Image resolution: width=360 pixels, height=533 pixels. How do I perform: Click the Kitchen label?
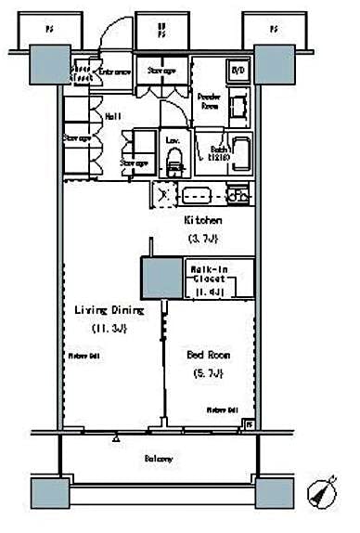[201, 221]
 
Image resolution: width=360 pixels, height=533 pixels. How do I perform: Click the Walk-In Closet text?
[209, 275]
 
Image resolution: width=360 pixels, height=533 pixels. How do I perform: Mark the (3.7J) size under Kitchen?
[201, 239]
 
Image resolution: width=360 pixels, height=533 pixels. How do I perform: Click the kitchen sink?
[197, 196]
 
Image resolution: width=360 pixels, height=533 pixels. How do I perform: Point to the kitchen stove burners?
[237, 195]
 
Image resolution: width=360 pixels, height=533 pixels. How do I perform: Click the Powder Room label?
[209, 101]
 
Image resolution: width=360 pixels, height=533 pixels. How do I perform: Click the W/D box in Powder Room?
[237, 71]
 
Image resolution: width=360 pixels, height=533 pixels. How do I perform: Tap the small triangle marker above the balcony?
[116, 435]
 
